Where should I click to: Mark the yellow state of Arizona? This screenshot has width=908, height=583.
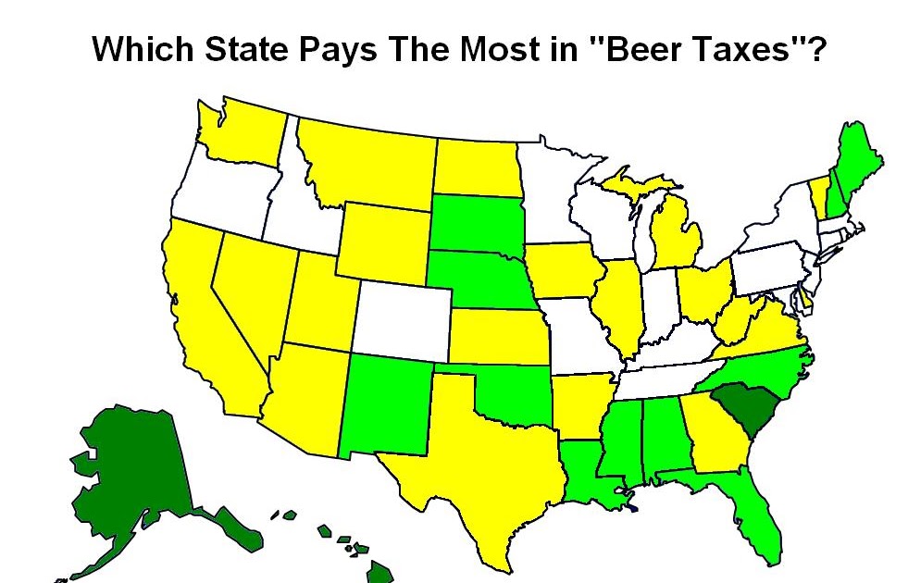click(x=305, y=398)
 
